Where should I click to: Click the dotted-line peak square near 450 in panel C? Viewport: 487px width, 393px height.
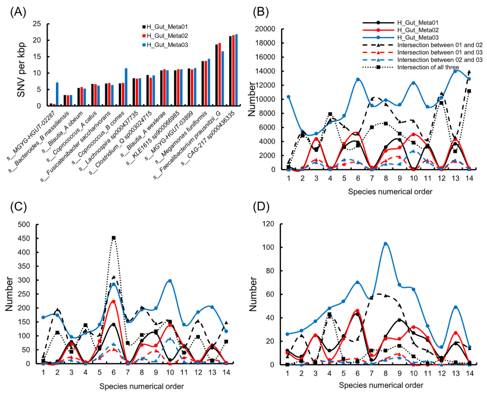[x=114, y=238]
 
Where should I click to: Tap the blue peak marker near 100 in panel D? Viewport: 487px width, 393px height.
[x=386, y=244]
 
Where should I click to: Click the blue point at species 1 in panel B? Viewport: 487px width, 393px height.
[x=289, y=97]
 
